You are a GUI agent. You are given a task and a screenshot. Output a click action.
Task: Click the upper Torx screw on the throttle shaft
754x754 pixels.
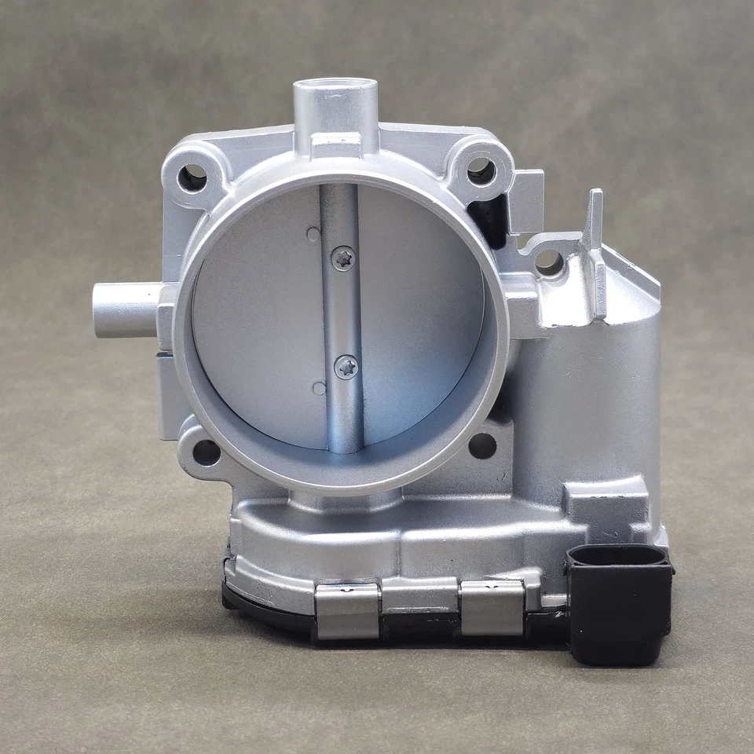(x=342, y=258)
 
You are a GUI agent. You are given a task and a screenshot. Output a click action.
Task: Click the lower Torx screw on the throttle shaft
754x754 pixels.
(x=346, y=366)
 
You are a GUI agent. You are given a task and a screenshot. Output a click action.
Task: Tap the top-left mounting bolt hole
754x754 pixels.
(x=192, y=178)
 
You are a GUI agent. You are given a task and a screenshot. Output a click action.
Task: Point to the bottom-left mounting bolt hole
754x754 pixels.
(x=206, y=452)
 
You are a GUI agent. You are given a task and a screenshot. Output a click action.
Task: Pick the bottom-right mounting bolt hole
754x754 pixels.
(x=482, y=445)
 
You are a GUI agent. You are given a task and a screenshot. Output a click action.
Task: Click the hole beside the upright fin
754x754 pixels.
(x=549, y=264)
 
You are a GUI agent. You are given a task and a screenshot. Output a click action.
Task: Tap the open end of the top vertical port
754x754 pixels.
(x=336, y=85)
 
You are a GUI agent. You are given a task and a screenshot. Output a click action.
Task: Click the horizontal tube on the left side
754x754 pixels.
(x=126, y=310)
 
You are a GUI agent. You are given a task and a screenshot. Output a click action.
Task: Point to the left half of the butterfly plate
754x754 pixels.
(x=259, y=314)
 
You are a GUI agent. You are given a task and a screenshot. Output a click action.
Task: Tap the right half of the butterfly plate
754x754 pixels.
(x=420, y=314)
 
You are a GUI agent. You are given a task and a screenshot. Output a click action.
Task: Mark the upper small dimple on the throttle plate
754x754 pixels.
(x=313, y=233)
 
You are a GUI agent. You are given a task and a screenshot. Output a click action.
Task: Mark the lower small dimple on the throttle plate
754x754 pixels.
(x=318, y=388)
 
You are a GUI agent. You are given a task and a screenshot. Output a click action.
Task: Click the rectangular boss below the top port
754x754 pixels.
(x=335, y=145)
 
